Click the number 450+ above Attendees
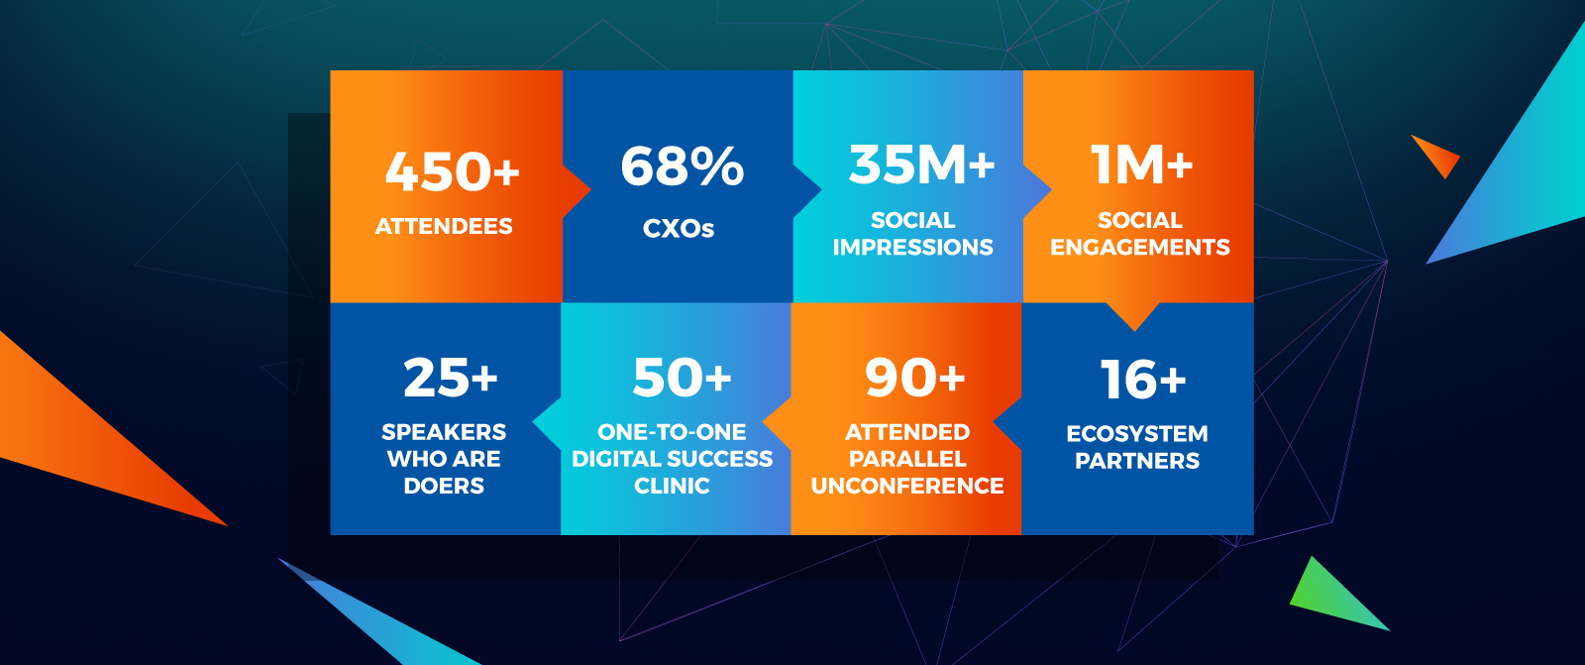pos(452,171)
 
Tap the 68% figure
pos(683,166)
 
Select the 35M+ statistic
pos(921,165)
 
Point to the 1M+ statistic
pos(1141,165)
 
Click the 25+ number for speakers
pos(451,378)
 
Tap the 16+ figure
pos(1143,379)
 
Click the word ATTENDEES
pos(444,227)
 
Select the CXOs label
pos(679,228)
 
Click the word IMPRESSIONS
pos(912,247)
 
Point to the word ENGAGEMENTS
pos(1140,247)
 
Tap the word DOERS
pos(444,486)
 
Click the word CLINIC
pos(672,486)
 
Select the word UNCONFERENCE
pos(907,486)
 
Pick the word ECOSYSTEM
pos(1137,433)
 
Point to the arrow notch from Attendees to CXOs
pos(577,190)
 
